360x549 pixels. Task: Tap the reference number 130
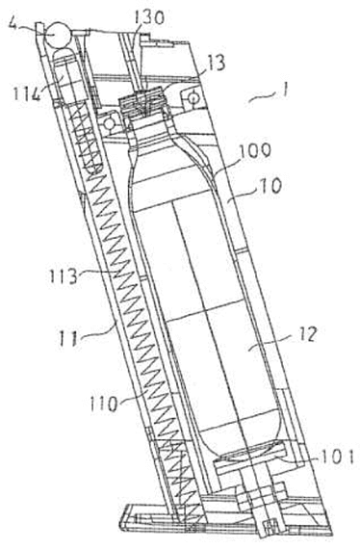click(x=147, y=17)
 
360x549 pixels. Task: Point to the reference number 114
click(x=28, y=93)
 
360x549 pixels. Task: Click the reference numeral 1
click(x=286, y=91)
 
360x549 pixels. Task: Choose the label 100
click(x=254, y=151)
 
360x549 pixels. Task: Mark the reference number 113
click(x=64, y=275)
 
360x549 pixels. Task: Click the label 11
click(x=68, y=339)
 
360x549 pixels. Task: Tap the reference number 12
click(x=307, y=333)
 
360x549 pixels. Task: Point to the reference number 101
click(x=338, y=457)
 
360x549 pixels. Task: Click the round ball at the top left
click(x=57, y=35)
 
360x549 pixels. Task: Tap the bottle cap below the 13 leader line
click(x=142, y=102)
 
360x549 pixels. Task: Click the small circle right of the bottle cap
click(x=193, y=97)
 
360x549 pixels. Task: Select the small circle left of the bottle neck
click(x=110, y=123)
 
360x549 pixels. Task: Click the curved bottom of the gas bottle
click(x=249, y=452)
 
